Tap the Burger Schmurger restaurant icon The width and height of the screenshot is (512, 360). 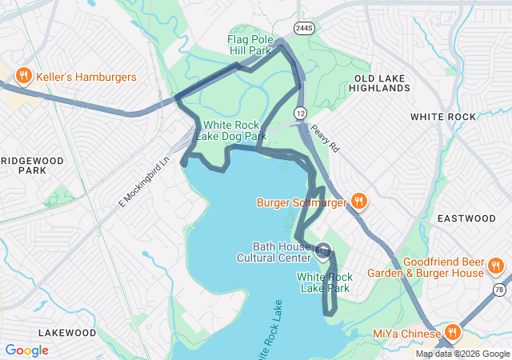click(359, 202)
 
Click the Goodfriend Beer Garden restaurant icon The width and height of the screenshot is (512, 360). click(496, 266)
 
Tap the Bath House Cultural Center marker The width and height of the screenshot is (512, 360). click(323, 251)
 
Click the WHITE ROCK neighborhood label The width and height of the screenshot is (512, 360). click(442, 117)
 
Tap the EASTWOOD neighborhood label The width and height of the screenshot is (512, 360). click(466, 218)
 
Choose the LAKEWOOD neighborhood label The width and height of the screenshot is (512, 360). click(67, 332)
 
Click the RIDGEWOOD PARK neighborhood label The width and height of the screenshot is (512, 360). click(32, 166)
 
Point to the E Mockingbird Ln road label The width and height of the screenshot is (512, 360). click(145, 182)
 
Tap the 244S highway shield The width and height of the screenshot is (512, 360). click(304, 28)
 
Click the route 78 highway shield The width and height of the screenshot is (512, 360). click(499, 290)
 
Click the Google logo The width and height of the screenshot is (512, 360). click(26, 350)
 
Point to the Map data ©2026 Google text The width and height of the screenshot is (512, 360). click(462, 354)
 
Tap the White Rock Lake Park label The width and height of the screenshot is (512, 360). click(324, 282)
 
